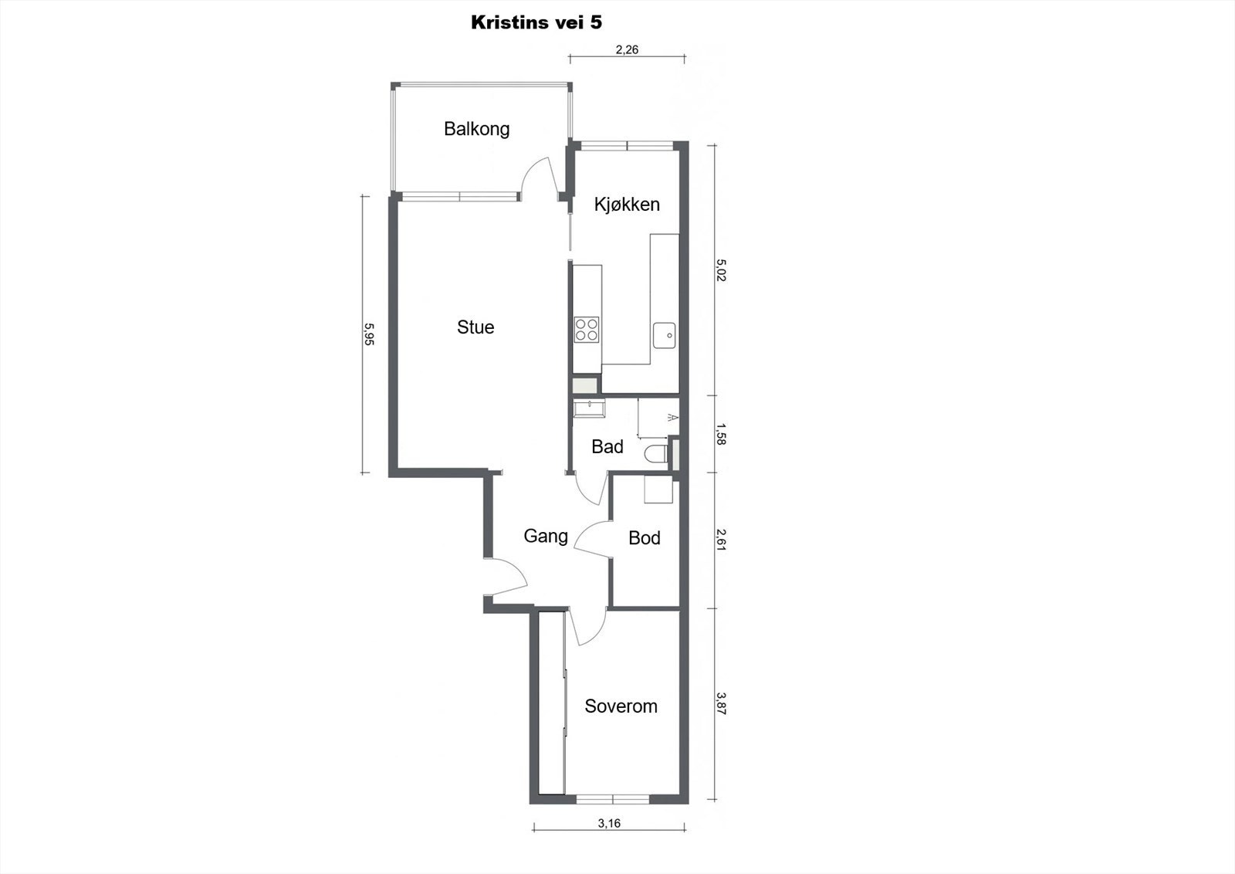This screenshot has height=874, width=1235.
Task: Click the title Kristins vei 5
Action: pyautogui.click(x=536, y=22)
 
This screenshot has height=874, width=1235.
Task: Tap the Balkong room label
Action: pyautogui.click(x=476, y=128)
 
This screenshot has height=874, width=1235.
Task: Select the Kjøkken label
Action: pyautogui.click(x=627, y=205)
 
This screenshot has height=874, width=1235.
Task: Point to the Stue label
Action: pyautogui.click(x=475, y=327)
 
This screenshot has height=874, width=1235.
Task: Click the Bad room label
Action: pyautogui.click(x=607, y=446)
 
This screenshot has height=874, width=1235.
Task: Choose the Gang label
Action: pyautogui.click(x=546, y=536)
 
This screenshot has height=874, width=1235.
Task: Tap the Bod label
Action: pyautogui.click(x=645, y=538)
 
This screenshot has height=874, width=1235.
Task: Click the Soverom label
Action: pyautogui.click(x=621, y=706)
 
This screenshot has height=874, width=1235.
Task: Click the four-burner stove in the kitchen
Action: pyautogui.click(x=587, y=330)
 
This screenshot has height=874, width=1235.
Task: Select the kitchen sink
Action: pyautogui.click(x=665, y=335)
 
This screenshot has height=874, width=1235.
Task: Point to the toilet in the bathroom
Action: pyautogui.click(x=657, y=453)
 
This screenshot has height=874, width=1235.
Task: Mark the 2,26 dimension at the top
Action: pyautogui.click(x=627, y=50)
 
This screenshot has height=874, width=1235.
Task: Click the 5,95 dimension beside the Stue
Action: pyautogui.click(x=369, y=334)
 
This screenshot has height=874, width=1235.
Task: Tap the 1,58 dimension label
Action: pyautogui.click(x=721, y=434)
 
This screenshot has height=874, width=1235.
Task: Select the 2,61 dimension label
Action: pyautogui.click(x=721, y=539)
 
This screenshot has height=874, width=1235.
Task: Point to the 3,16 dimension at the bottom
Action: pyautogui.click(x=609, y=823)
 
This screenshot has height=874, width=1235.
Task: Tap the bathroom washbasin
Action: pyautogui.click(x=587, y=407)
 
